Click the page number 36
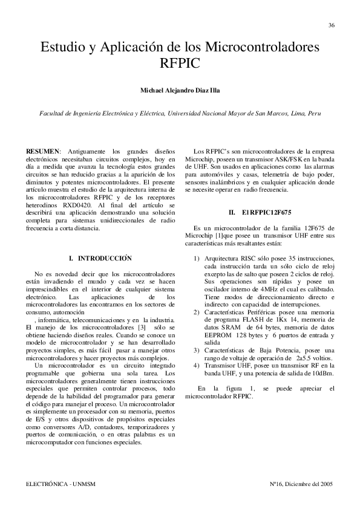coord(332,25)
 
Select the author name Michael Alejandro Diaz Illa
coord(180,91)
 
